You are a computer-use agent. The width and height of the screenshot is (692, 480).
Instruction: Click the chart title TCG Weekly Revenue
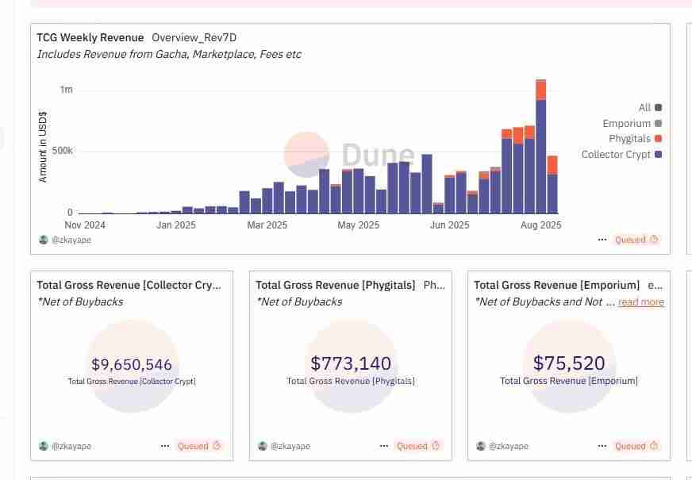[90, 37]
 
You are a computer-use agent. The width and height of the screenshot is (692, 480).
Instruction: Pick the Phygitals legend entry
[630, 139]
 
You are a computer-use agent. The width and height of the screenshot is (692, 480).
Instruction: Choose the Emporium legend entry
[626, 124]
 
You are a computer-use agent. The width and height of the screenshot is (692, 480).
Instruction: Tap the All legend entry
[644, 108]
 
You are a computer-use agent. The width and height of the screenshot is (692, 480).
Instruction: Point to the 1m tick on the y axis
[66, 90]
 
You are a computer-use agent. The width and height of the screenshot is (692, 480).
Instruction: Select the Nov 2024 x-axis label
[85, 225]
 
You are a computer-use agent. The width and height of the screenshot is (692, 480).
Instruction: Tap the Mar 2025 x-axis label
[267, 225]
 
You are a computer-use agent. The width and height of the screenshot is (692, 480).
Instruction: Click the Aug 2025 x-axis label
[540, 225]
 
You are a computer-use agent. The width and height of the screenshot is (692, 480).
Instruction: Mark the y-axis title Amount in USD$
[43, 147]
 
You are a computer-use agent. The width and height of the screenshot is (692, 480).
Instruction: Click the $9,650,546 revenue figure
[132, 365]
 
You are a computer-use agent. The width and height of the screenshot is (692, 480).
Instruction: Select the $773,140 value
[351, 363]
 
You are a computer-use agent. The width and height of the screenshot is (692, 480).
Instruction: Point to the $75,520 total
[569, 363]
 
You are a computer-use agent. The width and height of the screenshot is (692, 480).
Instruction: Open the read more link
[641, 302]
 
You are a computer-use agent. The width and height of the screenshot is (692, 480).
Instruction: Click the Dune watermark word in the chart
[378, 156]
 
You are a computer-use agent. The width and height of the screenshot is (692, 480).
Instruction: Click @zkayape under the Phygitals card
[290, 446]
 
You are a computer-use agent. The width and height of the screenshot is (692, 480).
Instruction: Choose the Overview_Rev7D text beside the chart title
[194, 37]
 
